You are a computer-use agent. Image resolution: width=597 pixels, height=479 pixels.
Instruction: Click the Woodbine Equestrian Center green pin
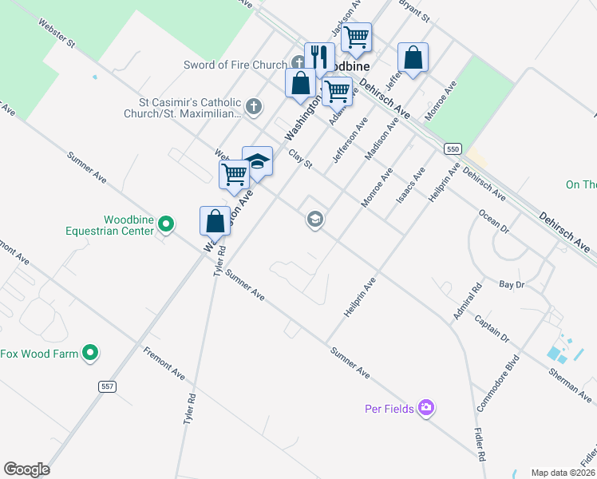click(165, 224)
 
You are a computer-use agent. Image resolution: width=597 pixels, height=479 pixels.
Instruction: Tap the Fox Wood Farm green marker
click(90, 352)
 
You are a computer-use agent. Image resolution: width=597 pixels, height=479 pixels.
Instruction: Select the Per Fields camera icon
click(426, 408)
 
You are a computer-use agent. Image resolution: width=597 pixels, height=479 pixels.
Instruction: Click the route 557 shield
click(108, 386)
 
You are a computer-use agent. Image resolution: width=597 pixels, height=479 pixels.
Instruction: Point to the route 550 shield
click(453, 149)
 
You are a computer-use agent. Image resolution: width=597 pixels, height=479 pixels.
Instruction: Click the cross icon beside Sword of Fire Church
click(298, 63)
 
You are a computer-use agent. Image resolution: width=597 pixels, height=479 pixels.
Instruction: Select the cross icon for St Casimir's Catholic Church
click(254, 105)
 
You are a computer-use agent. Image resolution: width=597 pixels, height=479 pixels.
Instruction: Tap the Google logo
click(26, 469)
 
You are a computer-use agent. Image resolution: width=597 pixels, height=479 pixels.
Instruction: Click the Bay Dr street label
click(511, 283)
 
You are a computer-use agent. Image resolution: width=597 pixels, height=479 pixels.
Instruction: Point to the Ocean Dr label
click(493, 222)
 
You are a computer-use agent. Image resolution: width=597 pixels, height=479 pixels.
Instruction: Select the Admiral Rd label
click(468, 303)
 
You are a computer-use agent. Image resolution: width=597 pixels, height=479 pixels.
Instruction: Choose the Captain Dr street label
click(491, 328)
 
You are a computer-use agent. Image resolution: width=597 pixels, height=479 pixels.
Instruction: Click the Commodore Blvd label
click(498, 382)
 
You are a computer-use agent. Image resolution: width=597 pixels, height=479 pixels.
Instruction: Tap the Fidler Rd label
click(480, 445)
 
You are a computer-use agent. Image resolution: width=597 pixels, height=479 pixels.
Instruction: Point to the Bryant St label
click(414, 11)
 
